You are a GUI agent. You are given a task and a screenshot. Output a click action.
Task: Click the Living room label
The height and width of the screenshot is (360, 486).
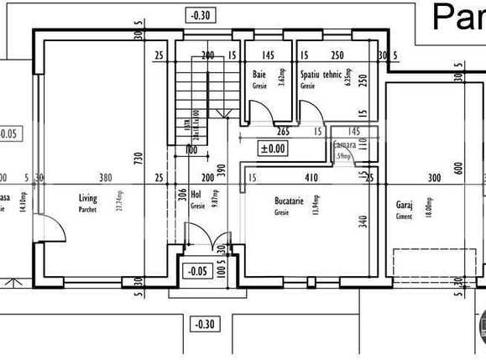pos(88,199)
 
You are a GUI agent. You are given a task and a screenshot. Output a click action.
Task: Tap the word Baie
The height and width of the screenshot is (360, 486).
pos(259,76)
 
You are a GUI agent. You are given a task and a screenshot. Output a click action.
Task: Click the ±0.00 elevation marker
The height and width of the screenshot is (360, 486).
pos(274,149)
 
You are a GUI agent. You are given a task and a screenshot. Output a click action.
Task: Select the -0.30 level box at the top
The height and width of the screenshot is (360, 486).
pos(201,14)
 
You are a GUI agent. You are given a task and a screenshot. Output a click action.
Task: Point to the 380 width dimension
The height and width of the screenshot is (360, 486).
pos(105,178)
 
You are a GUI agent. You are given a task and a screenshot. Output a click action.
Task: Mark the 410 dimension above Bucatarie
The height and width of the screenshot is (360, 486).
pos(311,178)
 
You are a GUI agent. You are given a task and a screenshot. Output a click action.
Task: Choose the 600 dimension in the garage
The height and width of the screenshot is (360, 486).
pos(459,168)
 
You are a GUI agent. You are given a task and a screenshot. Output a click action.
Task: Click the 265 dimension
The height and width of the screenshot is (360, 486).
pos(284,132)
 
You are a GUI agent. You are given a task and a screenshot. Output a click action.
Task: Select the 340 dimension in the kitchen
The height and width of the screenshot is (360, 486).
pos(363,222)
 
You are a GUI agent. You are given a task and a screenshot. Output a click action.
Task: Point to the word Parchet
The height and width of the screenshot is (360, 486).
pos(88,210)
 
